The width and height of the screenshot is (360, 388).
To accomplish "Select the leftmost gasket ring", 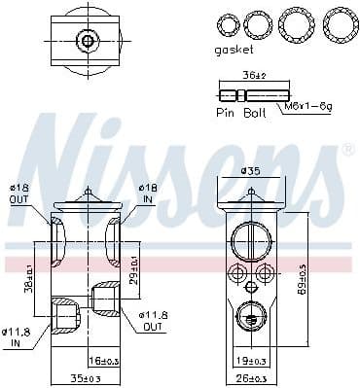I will [228, 23].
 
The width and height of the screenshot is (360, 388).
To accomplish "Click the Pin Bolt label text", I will [239, 114].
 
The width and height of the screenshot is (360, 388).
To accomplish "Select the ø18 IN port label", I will [148, 194].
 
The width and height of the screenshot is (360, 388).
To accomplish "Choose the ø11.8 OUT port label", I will [153, 322].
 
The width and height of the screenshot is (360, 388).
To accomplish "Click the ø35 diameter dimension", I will [254, 171].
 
